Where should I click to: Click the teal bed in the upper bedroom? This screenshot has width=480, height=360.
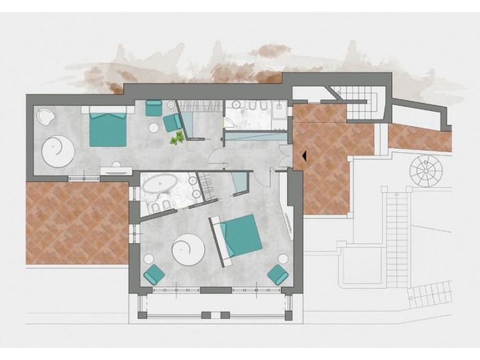click(108, 128)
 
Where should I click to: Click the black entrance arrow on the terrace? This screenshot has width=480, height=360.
click(301, 156)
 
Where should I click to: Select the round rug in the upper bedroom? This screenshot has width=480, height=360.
click(58, 149)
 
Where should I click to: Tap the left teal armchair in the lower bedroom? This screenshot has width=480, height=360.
click(154, 274)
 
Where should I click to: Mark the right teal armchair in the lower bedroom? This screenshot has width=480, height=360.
click(278, 274)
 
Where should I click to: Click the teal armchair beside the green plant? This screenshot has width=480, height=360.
click(172, 122)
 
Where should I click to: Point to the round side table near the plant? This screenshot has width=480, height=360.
click(154, 128)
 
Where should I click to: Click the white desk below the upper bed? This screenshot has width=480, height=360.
click(116, 170)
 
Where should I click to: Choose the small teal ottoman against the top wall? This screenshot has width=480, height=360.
click(154, 108)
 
